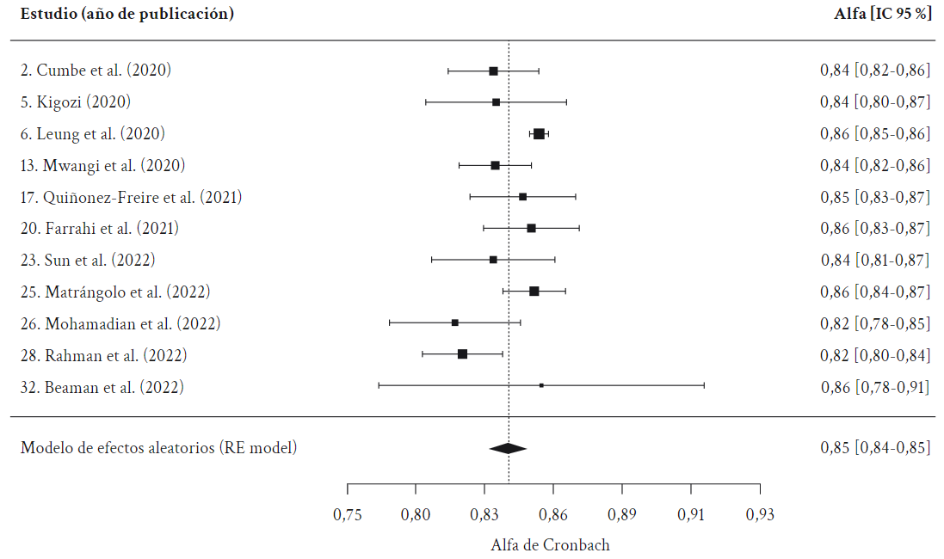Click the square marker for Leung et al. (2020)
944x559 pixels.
pos(539,133)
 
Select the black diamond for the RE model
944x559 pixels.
pos(508,448)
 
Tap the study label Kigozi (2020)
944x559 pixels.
pos(76,102)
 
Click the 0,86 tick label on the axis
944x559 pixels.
pos(552,515)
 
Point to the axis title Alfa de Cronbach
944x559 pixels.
pos(550,545)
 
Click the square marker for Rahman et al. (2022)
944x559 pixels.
pos(462,353)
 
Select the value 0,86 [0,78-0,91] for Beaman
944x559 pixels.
pos(874,387)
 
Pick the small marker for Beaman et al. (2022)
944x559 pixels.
pos(541,385)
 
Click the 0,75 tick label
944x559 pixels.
pos(347,515)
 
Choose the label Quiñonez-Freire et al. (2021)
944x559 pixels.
pos(131,197)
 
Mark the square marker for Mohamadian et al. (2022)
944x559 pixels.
pos(454,322)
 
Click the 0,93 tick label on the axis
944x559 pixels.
pos(760,515)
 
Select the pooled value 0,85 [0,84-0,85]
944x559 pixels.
pos(874,447)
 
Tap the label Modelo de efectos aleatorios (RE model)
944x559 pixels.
pos(158,447)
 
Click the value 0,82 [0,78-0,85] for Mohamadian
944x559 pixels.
pos(874,324)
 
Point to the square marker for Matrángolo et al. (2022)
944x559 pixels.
pos(534,291)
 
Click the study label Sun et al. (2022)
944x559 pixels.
pos(88,260)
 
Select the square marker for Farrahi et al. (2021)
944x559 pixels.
pos(531,228)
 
